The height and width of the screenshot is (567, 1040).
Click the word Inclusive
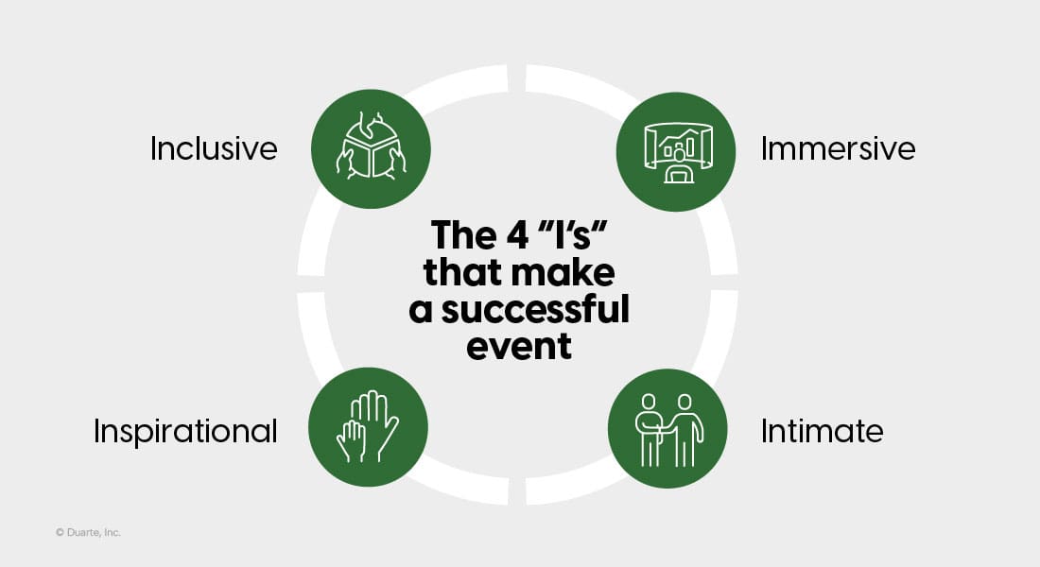pos(214,148)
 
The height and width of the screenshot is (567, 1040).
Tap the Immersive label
pos(838,148)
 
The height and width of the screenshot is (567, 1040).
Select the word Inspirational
pos(185,431)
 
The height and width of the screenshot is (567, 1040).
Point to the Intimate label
pos(822,431)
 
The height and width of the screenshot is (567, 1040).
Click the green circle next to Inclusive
pos(371,148)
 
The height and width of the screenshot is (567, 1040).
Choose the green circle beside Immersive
pos(676,152)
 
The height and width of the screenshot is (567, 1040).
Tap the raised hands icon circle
pos(368,427)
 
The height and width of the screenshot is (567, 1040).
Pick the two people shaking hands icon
pos(667,429)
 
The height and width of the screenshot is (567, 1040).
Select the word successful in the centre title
pos(535,310)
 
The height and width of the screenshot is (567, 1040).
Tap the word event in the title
pos(519,347)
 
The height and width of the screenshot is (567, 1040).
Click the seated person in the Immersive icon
pos(679,165)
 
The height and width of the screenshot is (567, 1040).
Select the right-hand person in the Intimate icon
pos(685,430)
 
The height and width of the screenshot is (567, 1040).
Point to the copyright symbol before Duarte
pos(60,532)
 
